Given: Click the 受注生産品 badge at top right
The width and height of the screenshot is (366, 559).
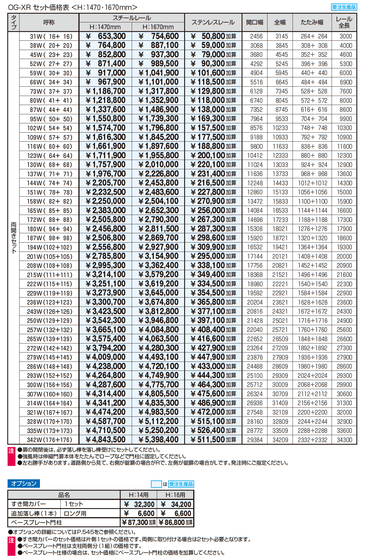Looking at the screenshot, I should pos(344,7).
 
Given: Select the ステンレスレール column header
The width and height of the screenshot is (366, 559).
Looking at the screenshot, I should pos(213,22).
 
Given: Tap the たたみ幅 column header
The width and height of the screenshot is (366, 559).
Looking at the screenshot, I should pos(312,22).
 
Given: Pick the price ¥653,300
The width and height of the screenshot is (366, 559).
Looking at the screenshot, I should pos(106,36).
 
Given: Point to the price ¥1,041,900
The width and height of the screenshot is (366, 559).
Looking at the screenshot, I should pos(159,73).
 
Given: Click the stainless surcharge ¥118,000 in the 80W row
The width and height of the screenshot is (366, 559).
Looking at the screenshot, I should pos(213,100).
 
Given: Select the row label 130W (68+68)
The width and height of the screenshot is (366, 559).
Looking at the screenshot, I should pos(50,165).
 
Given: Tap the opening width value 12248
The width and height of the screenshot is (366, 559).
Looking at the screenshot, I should pos(255,183).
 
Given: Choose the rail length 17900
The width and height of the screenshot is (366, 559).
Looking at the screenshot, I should pos(344,229).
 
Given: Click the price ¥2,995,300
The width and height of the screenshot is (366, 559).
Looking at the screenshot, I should pos(106,266).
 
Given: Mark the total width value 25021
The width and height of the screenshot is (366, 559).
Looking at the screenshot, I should pos(280,321).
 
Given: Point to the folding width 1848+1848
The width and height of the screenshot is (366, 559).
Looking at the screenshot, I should pos(312,339).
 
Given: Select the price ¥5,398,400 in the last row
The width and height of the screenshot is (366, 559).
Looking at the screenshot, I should pos(159,440).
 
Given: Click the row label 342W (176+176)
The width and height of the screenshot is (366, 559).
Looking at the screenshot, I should pos(50,440).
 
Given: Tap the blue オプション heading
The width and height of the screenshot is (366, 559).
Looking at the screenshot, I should pos(24,483).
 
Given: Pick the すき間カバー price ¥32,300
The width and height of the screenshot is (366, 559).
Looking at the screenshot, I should pos(139,504).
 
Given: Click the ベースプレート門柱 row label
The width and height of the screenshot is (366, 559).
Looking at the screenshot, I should pos(36,522).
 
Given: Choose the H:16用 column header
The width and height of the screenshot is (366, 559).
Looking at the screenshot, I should pos(175,495).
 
